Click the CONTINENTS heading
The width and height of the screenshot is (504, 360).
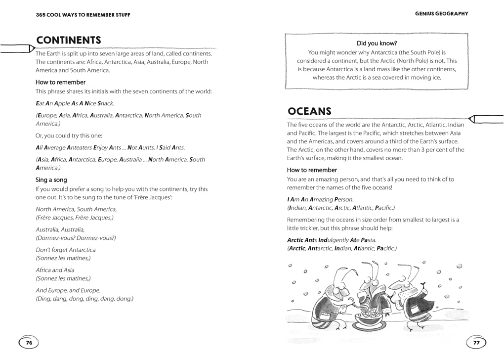[x=68, y=41]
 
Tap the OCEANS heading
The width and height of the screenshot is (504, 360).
[x=309, y=112]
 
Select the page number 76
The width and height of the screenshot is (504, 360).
[x=29, y=342]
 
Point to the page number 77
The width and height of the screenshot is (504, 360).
[x=476, y=342]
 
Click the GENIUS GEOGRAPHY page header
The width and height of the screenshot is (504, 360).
[x=441, y=14]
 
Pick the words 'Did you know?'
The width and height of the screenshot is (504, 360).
[x=377, y=44]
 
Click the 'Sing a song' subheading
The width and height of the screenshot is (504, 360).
[x=51, y=180]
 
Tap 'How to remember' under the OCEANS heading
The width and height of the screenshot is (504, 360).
[x=312, y=170]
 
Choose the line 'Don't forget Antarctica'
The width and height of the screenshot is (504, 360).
[x=66, y=250]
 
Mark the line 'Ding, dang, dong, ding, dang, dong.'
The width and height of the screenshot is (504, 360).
[x=84, y=299]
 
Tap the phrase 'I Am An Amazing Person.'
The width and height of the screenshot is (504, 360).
[x=320, y=199]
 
